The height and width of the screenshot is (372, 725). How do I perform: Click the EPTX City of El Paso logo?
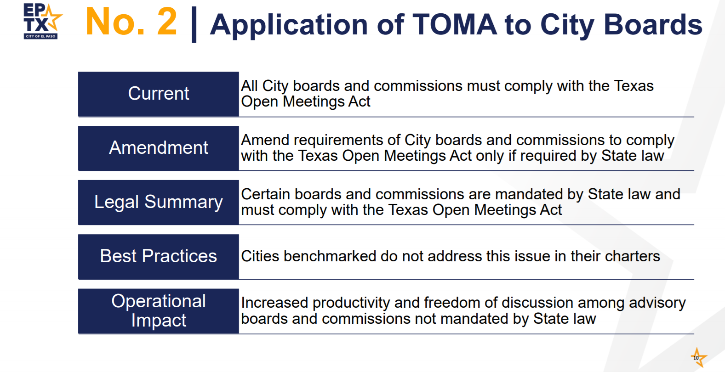(x=42, y=21)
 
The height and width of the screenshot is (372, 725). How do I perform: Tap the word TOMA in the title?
(x=454, y=24)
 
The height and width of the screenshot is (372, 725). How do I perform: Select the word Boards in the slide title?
(x=653, y=24)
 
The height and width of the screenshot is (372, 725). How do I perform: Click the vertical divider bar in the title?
(x=194, y=24)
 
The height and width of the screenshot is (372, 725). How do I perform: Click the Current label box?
(x=159, y=94)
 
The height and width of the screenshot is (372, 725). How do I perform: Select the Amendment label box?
(x=159, y=148)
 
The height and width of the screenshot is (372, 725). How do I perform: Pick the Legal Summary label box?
(x=159, y=203)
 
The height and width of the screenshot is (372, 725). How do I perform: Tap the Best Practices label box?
(x=159, y=257)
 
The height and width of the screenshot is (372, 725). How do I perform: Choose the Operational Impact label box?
(x=159, y=311)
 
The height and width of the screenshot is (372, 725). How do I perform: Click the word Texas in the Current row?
(x=634, y=86)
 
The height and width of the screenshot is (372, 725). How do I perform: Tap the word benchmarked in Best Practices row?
(x=330, y=256)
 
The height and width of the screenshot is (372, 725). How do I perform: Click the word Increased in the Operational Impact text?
(x=274, y=303)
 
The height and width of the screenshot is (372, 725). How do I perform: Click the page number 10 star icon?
(x=698, y=357)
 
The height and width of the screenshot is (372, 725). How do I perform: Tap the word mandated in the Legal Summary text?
(x=538, y=194)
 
